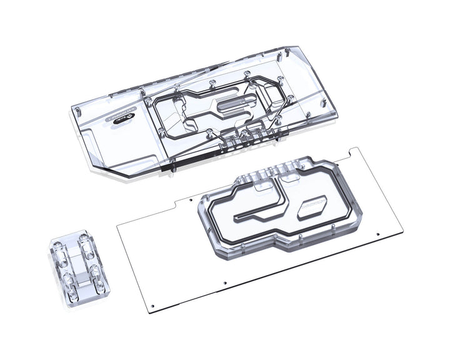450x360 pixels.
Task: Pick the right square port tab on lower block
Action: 289,177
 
